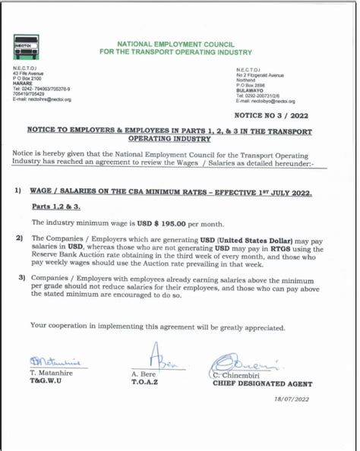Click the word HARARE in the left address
point(25,82)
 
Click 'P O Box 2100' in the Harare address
point(30,77)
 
